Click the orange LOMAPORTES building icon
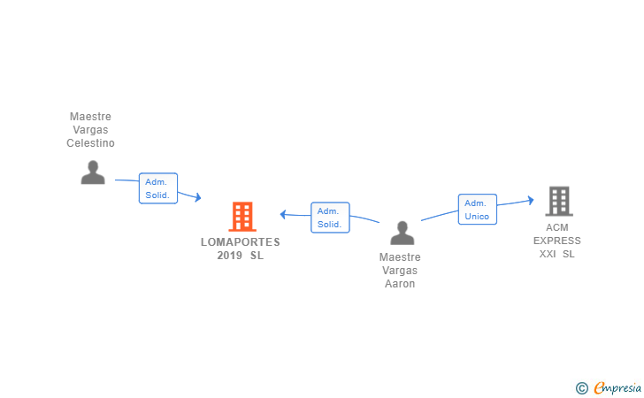241,217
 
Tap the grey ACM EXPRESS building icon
558,202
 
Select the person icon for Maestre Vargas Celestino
93,172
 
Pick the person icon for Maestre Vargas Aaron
402,233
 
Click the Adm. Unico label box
477,210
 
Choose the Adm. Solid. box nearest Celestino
158,188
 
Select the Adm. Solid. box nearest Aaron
330,218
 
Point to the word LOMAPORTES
240,242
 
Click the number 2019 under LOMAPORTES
230,256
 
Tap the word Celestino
91,143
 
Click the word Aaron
400,284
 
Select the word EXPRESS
557,241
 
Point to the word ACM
557,227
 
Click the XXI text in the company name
548,254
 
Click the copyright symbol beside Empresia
581,387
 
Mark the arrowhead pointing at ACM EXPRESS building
530,200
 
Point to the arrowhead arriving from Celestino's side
198,198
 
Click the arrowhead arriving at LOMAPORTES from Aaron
283,213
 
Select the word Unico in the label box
477,217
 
